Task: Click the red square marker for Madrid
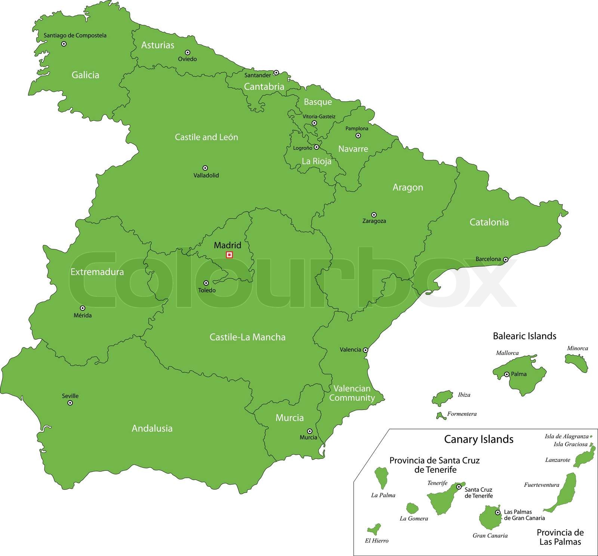pos(229,255)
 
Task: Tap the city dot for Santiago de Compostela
pos(64,44)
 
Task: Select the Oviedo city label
pos(187,59)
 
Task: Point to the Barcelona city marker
pos(505,259)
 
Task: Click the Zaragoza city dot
pos(374,215)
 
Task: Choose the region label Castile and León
pos(206,137)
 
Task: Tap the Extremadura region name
pos(97,272)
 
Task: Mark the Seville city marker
pos(70,403)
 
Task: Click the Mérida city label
pos(83,315)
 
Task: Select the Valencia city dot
pos(366,350)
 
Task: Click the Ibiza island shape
pos(443,398)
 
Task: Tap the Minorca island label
pos(577,348)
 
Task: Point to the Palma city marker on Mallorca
pos(507,374)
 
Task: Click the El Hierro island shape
pos(374,529)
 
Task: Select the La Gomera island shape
pos(412,508)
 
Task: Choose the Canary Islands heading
pos(478,439)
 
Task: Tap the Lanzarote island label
pos(557,460)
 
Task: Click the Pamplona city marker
pos(358,136)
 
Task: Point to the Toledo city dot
pos(206,283)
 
